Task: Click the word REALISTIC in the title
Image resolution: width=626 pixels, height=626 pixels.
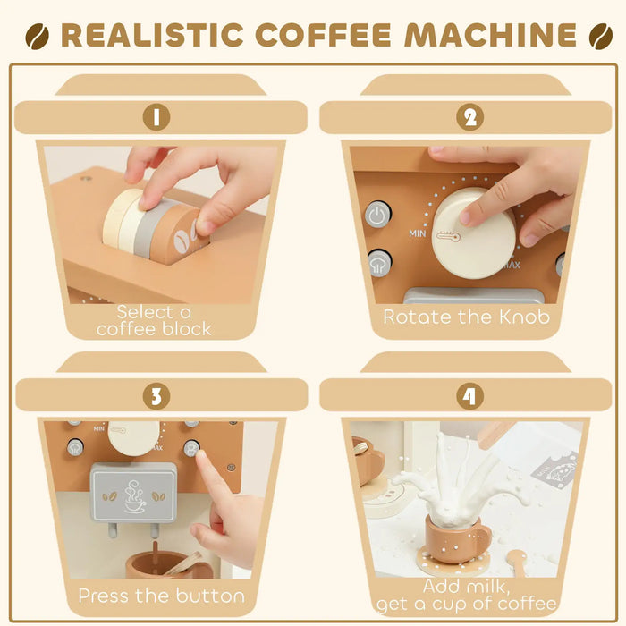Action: [x=153, y=35]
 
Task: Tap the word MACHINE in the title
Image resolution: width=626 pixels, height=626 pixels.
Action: [x=490, y=35]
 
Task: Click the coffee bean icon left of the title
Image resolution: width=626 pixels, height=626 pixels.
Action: [x=38, y=36]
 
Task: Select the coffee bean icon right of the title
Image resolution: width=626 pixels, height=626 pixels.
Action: [x=600, y=36]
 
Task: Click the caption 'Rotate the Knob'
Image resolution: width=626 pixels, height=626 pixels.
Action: [x=466, y=317]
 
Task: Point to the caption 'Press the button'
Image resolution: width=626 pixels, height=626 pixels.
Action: [x=161, y=595]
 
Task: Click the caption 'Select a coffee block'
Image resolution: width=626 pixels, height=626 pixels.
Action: [x=155, y=320]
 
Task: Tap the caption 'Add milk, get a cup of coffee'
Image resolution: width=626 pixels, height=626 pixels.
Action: [x=468, y=595]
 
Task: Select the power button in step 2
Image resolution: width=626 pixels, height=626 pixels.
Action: [x=377, y=216]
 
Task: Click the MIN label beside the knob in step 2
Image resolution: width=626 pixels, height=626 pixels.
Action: [x=417, y=233]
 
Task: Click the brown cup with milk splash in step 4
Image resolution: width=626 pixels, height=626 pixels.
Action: [x=455, y=540]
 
